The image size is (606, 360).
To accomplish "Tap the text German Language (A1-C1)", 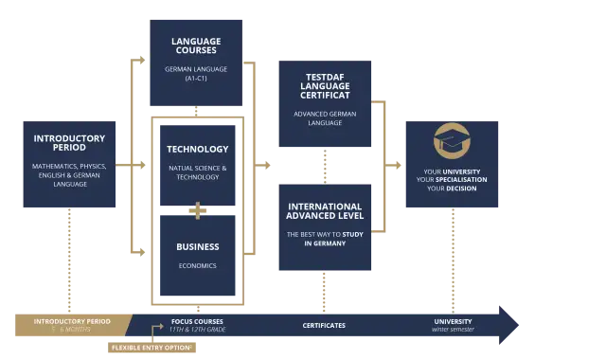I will [196, 72].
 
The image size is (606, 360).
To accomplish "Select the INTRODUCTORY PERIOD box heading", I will [71, 143].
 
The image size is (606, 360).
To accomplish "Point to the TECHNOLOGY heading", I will [197, 149].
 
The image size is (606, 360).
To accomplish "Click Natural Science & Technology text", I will [197, 172].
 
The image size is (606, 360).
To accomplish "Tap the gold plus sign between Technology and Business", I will [197, 210].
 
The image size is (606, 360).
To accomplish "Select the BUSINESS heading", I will [197, 246].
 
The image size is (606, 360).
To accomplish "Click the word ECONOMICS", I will [197, 266].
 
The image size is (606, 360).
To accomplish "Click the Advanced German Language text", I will [325, 118].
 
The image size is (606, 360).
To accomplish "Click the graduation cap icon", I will [450, 141].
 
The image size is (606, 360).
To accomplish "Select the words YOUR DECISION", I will [451, 189].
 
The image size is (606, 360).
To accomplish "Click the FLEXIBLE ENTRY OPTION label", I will [151, 348].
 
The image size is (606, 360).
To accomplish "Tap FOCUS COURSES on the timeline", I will [197, 321].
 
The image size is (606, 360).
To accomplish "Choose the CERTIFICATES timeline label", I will [324, 326].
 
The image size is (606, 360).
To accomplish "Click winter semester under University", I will [452, 330].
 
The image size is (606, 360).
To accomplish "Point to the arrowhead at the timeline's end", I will [508, 325].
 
